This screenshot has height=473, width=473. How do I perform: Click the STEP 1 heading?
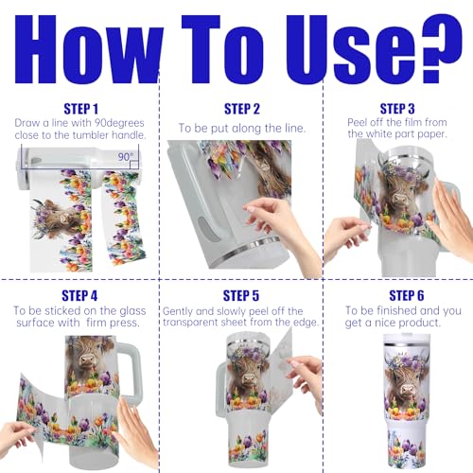tap(81, 109)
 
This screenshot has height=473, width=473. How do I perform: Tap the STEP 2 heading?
tap(242, 109)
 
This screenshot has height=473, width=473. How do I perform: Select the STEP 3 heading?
tap(397, 109)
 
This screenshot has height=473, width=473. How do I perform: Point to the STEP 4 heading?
tap(79, 296)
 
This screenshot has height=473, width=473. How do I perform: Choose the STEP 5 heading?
tap(241, 296)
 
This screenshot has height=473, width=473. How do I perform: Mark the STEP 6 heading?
tap(407, 295)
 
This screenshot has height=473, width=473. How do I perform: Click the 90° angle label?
tap(126, 157)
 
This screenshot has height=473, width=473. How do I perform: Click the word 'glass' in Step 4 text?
tap(132, 311)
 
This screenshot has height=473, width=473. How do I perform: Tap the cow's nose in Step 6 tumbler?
tap(406, 391)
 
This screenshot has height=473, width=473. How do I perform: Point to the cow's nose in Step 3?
tap(400, 199)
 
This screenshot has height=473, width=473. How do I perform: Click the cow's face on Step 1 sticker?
tap(59, 218)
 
